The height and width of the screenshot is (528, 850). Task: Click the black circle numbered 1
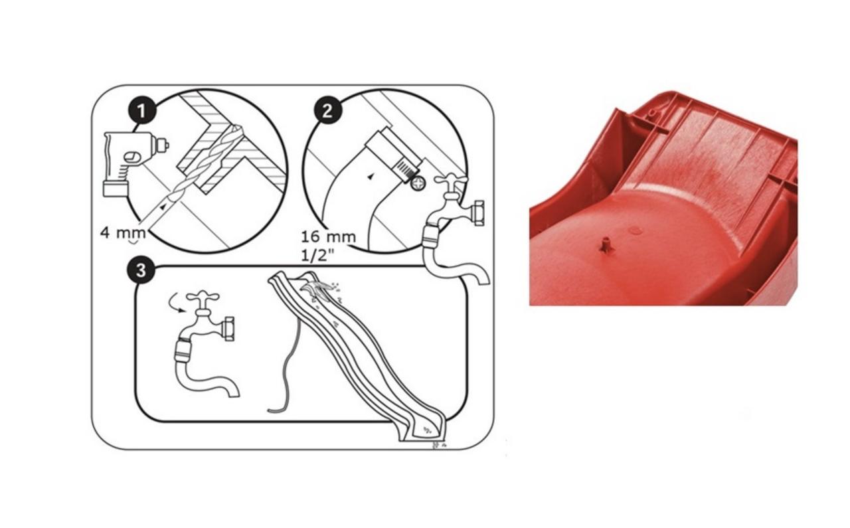pyautogui.click(x=142, y=111)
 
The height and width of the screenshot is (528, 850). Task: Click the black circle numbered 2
pyautogui.click(x=328, y=110)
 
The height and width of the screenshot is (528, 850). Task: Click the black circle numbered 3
pyautogui.click(x=141, y=271)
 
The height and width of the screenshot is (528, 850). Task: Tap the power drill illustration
pyautogui.click(x=135, y=164)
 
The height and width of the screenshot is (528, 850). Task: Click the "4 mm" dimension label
pyautogui.click(x=123, y=232)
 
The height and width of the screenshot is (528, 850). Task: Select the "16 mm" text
pyautogui.click(x=329, y=237)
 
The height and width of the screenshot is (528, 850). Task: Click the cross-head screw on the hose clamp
pyautogui.click(x=418, y=184)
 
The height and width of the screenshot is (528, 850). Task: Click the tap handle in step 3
pyautogui.click(x=203, y=296)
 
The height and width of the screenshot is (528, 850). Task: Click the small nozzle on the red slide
pyautogui.click(x=606, y=244)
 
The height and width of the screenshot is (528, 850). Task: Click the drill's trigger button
pyautogui.click(x=131, y=157)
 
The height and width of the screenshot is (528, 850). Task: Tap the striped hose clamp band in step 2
pyautogui.click(x=405, y=169)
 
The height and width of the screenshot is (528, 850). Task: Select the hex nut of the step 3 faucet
pyautogui.click(x=229, y=329)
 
